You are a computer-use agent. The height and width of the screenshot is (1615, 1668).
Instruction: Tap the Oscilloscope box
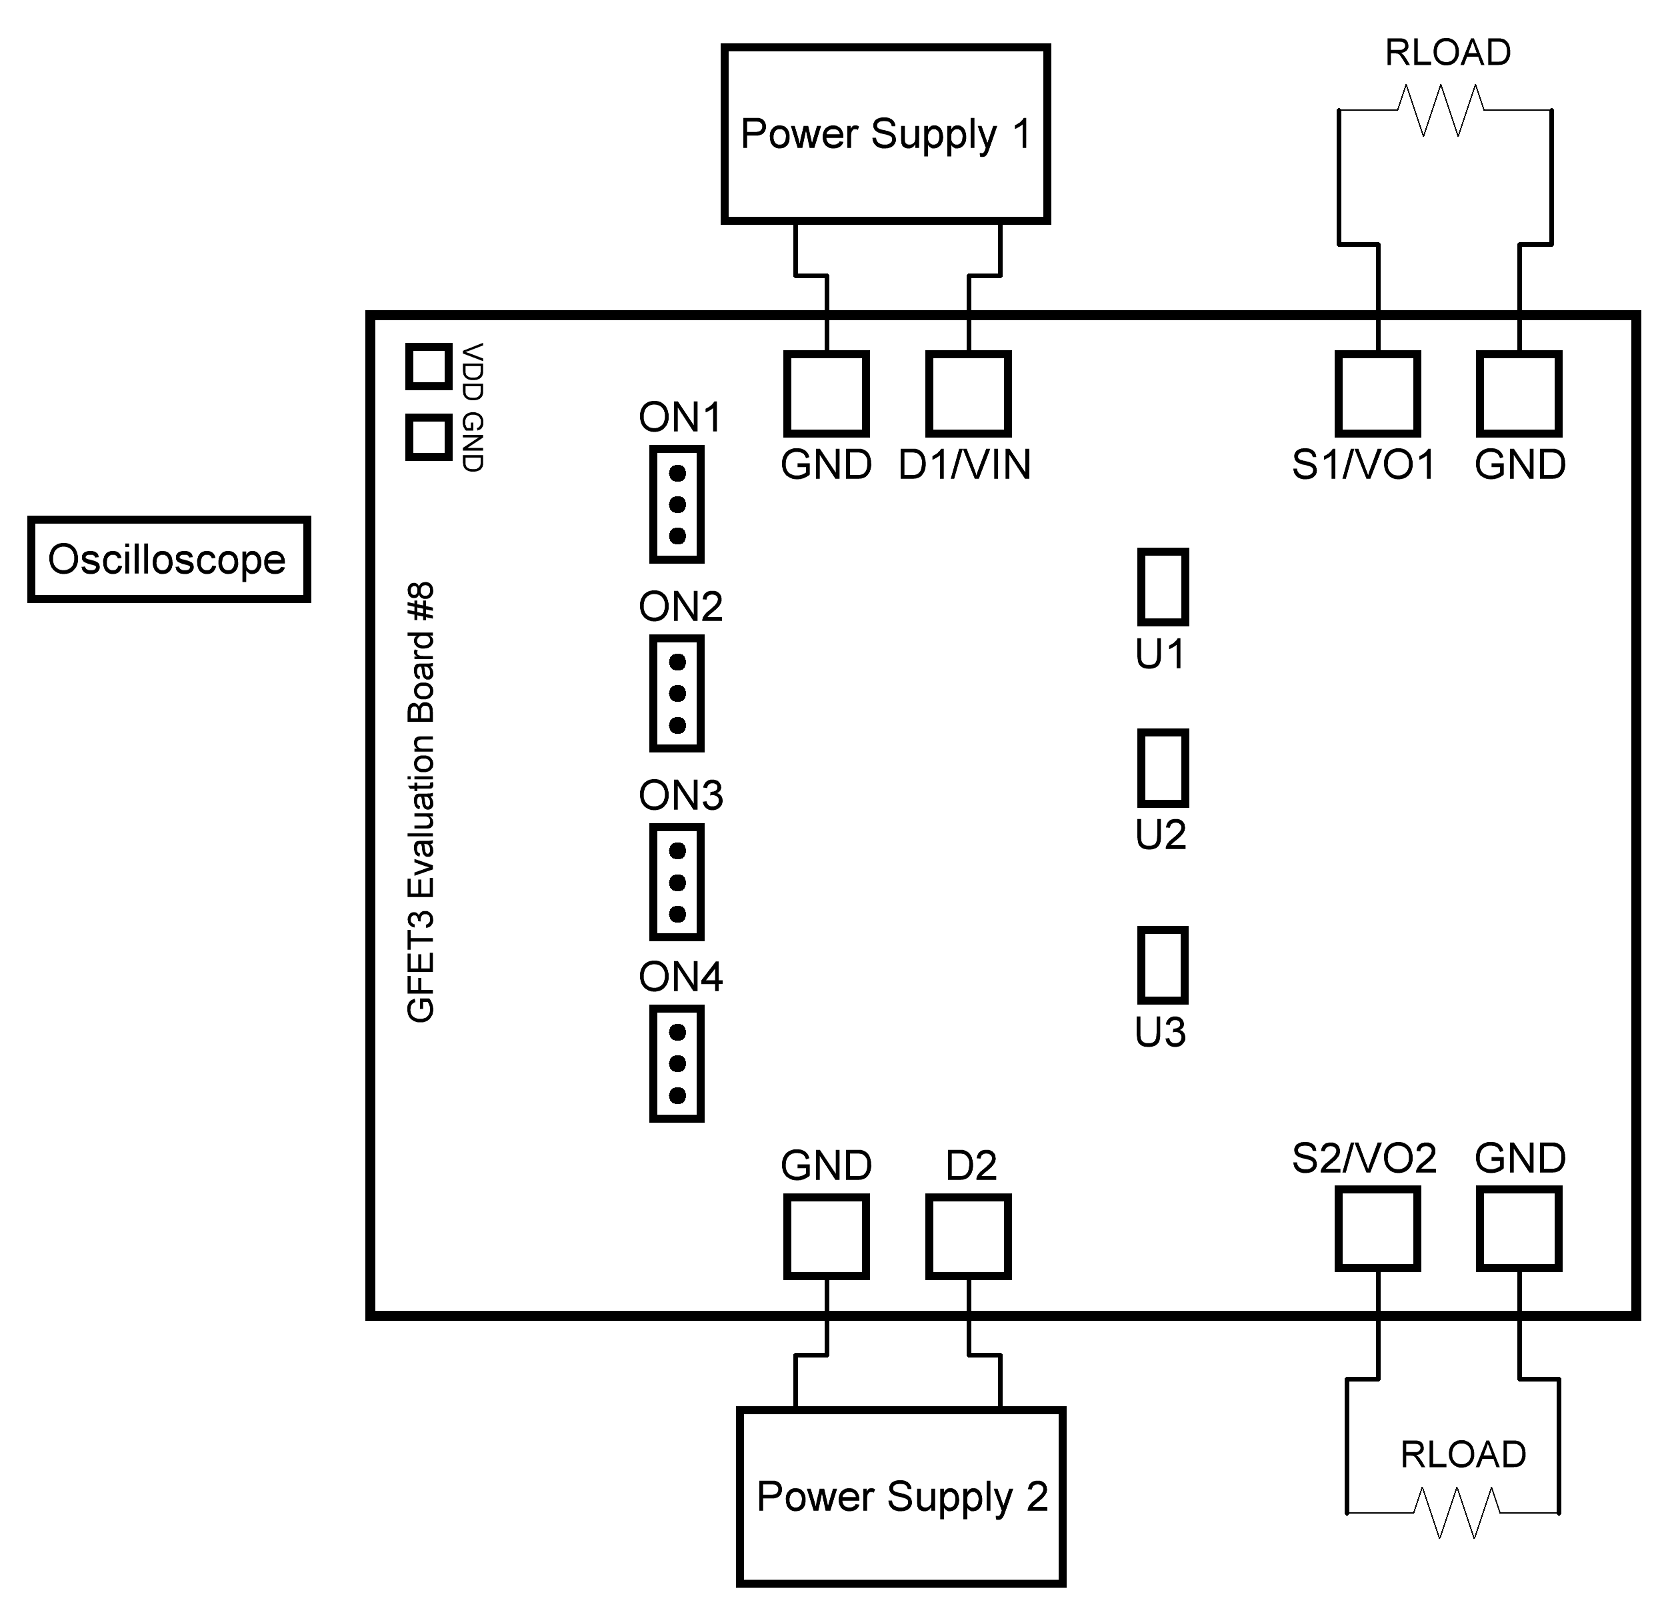coord(169,559)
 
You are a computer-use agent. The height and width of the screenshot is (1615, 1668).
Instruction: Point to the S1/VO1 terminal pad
coord(1377,394)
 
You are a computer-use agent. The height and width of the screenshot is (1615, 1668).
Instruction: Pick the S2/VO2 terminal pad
coord(1377,1229)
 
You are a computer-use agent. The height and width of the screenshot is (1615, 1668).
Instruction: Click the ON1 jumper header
coord(677,504)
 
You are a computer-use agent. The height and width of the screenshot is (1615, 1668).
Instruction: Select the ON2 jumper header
coord(677,693)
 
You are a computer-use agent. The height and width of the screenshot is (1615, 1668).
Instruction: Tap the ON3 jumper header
coord(677,882)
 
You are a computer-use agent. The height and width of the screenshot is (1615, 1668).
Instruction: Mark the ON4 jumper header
coord(677,1063)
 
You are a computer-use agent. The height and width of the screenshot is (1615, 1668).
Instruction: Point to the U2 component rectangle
coord(1163,768)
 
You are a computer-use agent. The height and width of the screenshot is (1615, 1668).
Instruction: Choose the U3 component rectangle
coord(1163,965)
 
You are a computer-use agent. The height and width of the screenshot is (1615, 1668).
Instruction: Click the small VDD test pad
coord(428,366)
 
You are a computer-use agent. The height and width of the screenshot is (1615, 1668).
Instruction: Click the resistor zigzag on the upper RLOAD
coord(1441,110)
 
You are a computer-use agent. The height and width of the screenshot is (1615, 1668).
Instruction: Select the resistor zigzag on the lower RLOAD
coord(1457,1512)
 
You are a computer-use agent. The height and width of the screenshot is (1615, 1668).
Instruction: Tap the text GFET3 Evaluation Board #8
coord(421,802)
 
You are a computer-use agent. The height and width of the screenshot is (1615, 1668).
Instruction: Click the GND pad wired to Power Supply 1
coord(825,394)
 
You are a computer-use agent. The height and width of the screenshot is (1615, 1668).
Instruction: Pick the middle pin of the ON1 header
coord(677,504)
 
